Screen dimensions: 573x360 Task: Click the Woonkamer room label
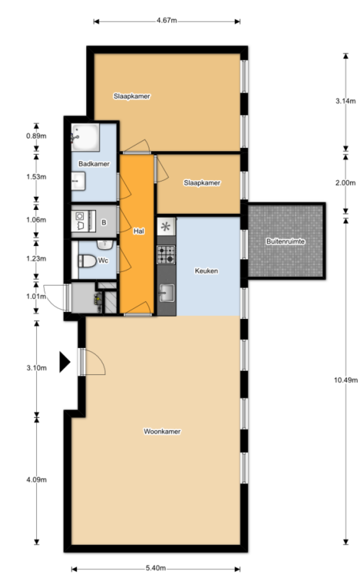pyautogui.click(x=162, y=432)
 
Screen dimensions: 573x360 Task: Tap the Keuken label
pyautogui.click(x=207, y=271)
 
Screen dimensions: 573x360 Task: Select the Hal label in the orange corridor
pyautogui.click(x=138, y=231)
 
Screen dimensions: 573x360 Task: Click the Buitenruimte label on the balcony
pyautogui.click(x=285, y=242)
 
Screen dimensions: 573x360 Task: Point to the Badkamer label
pyautogui.click(x=94, y=164)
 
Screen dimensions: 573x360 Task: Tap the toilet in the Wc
pyautogui.click(x=87, y=261)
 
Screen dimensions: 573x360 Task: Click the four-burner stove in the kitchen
pyautogui.click(x=166, y=255)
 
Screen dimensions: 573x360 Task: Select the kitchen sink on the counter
pyautogui.click(x=166, y=293)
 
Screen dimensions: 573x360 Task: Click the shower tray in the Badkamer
pyautogui.click(x=85, y=137)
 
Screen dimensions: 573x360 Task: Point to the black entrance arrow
pyautogui.click(x=64, y=362)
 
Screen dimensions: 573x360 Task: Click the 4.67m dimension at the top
pyautogui.click(x=167, y=21)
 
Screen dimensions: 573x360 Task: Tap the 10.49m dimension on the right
pyautogui.click(x=345, y=380)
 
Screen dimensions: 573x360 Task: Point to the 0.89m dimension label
pyautogui.click(x=37, y=136)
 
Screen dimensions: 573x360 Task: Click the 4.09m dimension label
pyautogui.click(x=37, y=480)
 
